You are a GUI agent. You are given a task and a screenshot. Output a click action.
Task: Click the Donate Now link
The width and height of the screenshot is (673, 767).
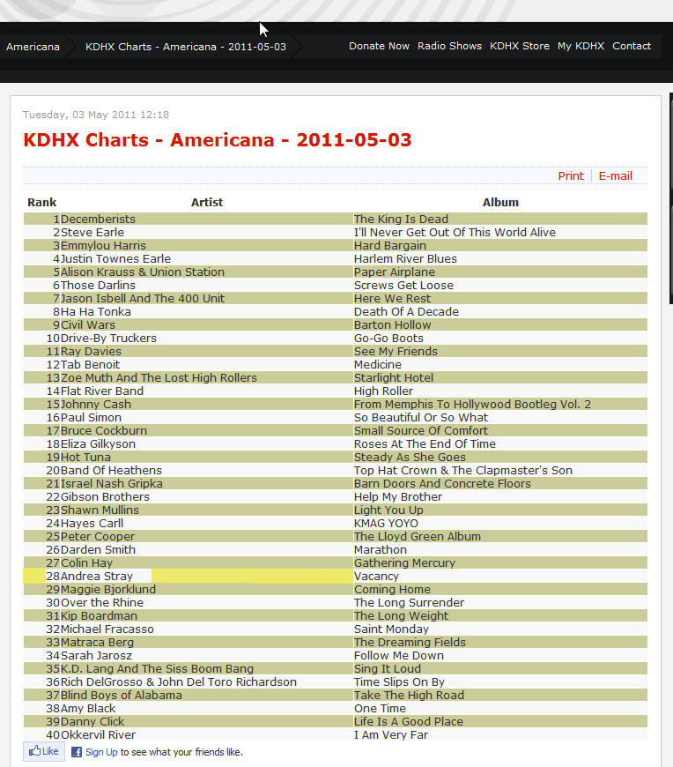coord(379,46)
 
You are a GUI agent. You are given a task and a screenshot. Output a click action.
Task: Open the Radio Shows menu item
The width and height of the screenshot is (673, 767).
coord(449,46)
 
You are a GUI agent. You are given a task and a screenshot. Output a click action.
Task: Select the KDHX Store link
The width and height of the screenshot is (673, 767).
coord(520,46)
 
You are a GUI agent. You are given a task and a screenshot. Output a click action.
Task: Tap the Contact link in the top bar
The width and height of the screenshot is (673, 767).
coord(632,46)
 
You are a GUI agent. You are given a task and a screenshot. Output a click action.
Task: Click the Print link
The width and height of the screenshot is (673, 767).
coord(571,175)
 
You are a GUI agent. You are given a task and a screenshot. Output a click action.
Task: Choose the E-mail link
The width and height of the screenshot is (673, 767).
coord(616,175)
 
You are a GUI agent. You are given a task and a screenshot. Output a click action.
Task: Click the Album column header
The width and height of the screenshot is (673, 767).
coord(500,202)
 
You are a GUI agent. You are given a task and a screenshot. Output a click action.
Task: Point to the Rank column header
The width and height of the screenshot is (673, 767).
coord(41,202)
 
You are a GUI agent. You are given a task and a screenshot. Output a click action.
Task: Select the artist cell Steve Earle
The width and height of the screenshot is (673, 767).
coord(92,233)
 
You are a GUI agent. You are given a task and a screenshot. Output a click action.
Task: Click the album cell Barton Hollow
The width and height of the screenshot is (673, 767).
coord(393,325)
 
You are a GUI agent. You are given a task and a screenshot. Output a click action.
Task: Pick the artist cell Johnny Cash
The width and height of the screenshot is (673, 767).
coord(96,405)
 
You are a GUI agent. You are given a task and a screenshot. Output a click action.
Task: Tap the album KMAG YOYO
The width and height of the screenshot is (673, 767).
coord(386,524)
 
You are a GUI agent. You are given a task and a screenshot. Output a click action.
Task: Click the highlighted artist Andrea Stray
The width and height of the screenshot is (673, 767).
coord(97,577)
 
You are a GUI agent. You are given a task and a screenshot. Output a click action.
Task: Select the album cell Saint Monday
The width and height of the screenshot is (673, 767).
coord(391,629)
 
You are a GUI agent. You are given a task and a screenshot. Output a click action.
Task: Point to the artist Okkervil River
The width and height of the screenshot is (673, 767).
coord(98,735)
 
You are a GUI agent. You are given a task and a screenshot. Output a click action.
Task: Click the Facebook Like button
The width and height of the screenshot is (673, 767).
coord(44,752)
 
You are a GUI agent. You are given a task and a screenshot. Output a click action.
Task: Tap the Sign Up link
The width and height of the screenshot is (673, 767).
coord(101,753)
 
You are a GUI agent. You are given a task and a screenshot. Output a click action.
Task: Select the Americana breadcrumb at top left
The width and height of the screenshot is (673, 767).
coord(33,47)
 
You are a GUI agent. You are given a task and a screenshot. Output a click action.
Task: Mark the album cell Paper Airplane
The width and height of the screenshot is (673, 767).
coord(395,272)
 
